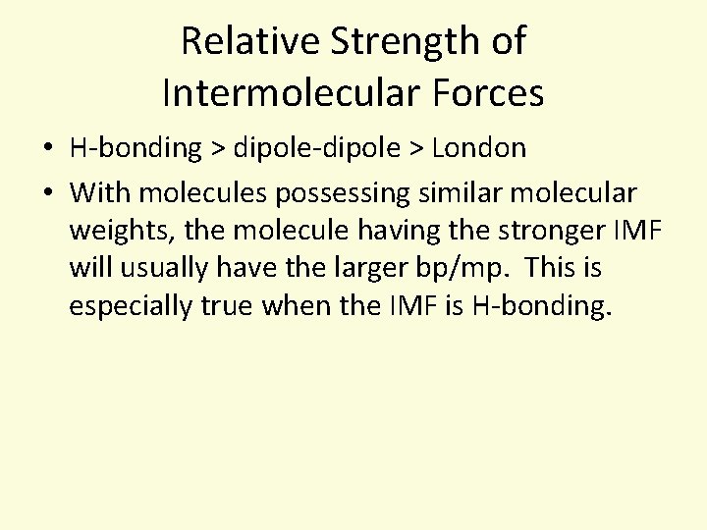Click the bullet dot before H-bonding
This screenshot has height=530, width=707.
[x=47, y=149]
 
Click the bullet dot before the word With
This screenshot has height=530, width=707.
[x=47, y=192]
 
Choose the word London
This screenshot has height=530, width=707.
[x=478, y=148]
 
